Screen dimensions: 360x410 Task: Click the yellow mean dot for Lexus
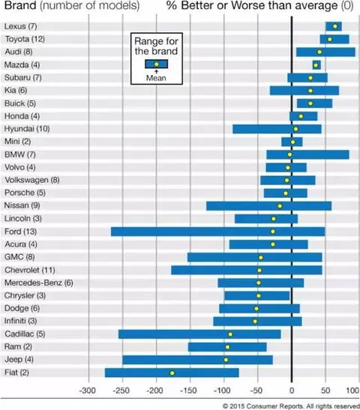(335, 26)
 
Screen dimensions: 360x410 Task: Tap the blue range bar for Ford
(218, 232)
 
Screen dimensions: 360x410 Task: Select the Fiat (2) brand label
(16, 372)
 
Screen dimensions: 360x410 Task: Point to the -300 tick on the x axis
(88, 391)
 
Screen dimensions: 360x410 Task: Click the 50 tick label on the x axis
(325, 391)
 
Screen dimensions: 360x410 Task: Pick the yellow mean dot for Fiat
(172, 373)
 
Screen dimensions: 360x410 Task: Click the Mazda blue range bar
(316, 65)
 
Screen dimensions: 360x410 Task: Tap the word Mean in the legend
(156, 78)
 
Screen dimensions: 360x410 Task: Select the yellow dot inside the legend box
(157, 64)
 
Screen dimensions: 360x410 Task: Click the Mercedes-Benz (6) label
(39, 283)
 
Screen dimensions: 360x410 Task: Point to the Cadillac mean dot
(230, 334)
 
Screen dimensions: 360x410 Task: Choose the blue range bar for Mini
(292, 142)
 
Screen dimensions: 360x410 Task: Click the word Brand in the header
(20, 5)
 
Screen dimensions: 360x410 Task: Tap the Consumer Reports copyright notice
(291, 406)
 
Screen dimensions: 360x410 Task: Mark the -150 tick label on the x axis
(188, 391)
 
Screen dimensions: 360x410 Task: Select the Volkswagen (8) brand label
(32, 180)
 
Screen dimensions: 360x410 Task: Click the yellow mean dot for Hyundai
(295, 129)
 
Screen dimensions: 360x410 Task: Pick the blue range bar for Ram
(227, 347)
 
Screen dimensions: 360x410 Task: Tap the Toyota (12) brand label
(25, 39)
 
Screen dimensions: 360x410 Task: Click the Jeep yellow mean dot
(226, 360)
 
